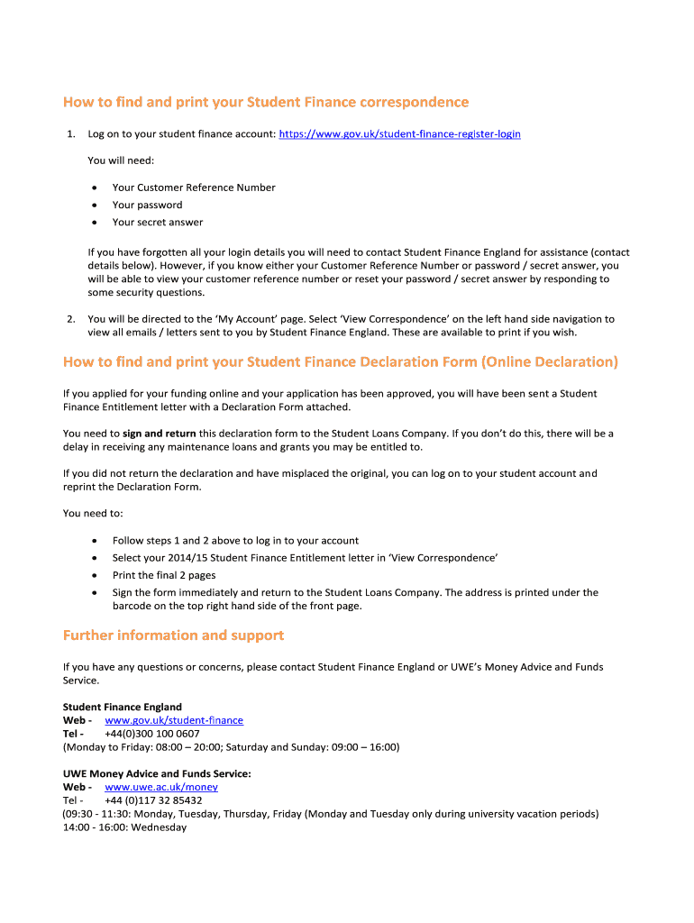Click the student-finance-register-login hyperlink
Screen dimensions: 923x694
point(399,134)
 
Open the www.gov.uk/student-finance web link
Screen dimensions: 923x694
point(174,720)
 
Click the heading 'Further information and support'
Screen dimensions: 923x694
point(173,635)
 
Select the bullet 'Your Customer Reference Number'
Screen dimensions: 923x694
point(194,187)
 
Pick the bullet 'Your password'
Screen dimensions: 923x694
point(147,205)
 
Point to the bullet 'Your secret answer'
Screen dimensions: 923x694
point(158,222)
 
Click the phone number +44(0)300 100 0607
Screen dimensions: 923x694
point(151,734)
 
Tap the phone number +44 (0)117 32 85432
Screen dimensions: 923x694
point(153,800)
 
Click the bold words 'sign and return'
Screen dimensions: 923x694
point(159,434)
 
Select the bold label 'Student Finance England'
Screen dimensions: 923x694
point(122,707)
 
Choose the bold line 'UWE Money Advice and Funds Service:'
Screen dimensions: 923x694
point(157,773)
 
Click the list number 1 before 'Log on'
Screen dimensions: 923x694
point(70,134)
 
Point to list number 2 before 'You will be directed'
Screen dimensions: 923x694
point(70,319)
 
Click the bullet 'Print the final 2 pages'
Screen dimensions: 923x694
point(164,575)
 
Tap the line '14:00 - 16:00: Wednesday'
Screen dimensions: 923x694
point(124,827)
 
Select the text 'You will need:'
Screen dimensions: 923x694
point(121,160)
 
